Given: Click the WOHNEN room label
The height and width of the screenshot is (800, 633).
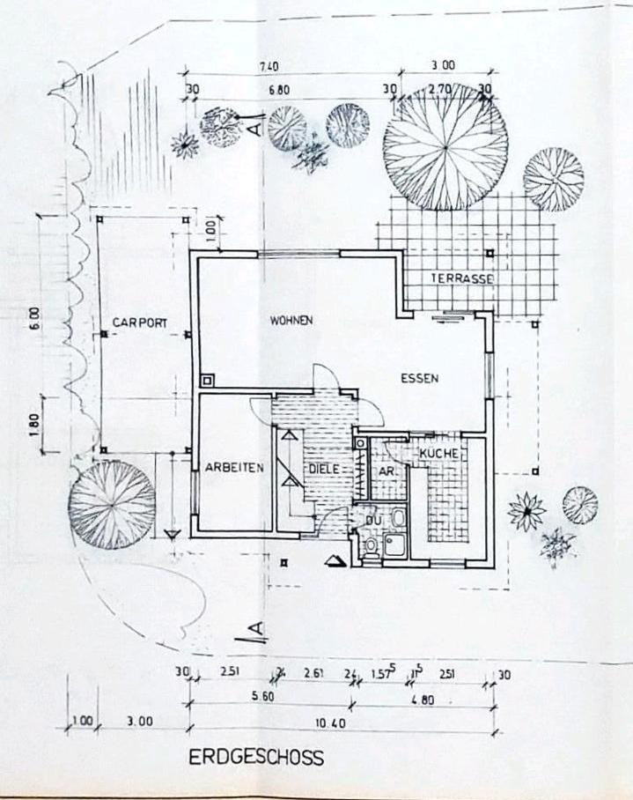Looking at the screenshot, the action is click(x=291, y=320).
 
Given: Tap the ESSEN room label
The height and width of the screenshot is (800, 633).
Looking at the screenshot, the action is click(x=419, y=379).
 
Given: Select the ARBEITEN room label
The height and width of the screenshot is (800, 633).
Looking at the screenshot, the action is click(x=235, y=469).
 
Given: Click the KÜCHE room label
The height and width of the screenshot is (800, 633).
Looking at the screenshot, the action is click(x=438, y=453).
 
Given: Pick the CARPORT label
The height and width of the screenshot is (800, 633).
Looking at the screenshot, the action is click(x=139, y=322).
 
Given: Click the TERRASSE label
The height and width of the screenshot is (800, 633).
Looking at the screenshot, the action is click(x=463, y=278).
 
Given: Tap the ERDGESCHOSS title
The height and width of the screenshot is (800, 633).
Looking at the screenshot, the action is click(x=256, y=758).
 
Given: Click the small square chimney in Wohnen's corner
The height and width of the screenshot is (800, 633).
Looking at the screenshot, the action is click(x=207, y=381).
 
